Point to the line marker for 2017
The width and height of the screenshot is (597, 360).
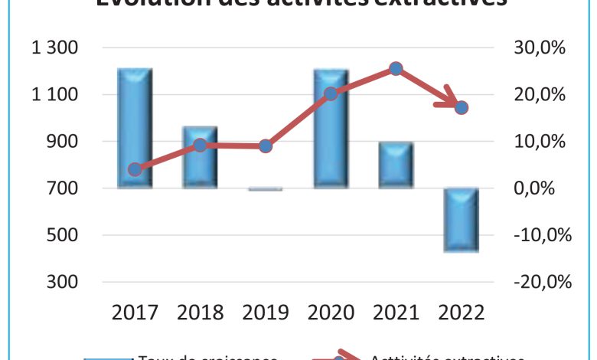[x=135, y=169]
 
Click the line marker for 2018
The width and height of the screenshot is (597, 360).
[x=200, y=145]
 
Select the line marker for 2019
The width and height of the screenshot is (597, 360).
[x=266, y=146]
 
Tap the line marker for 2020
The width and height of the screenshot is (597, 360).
[x=331, y=94]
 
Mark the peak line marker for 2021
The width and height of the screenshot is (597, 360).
[x=396, y=69]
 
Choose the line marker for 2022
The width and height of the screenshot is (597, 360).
[x=462, y=108]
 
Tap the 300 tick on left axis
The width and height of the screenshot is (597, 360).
[x=65, y=282]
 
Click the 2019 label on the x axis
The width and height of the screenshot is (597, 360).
[x=266, y=313]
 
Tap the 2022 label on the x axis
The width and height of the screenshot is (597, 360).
[x=462, y=313]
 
